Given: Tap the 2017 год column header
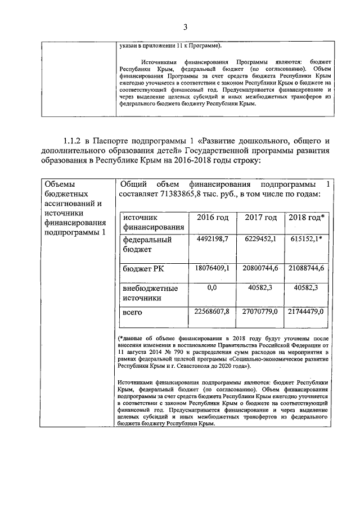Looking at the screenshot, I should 261,218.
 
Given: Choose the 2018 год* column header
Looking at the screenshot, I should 307,218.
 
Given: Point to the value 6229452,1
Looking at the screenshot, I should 260,239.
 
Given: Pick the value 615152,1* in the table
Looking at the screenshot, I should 307,239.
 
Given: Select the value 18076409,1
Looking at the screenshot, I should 212,268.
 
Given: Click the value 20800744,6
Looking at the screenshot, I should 260,268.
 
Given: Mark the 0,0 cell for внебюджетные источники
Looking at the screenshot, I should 212,288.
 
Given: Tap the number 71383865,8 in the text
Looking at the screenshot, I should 183,194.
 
